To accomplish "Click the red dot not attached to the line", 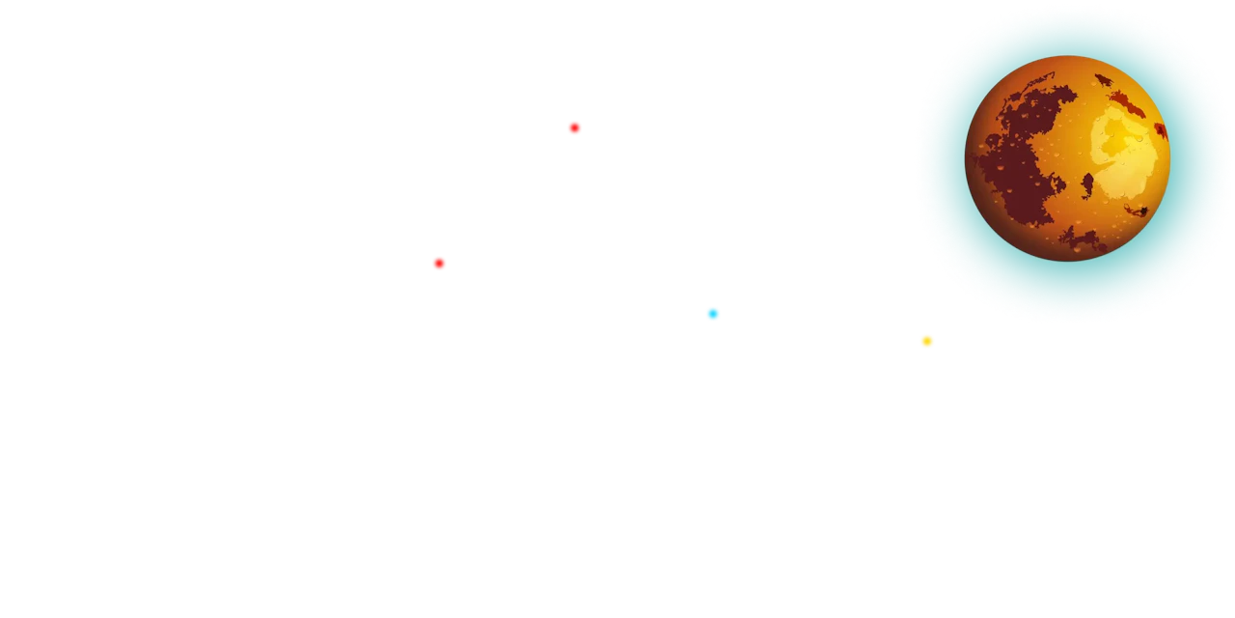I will coord(574,127).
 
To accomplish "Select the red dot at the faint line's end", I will coord(439,263).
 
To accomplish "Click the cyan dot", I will coord(712,313).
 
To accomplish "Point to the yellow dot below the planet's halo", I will coord(926,341).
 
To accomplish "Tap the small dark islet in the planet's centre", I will coord(1087,183).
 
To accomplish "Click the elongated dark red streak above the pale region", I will coord(1127,101).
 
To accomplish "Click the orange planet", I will coord(1067,158).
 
